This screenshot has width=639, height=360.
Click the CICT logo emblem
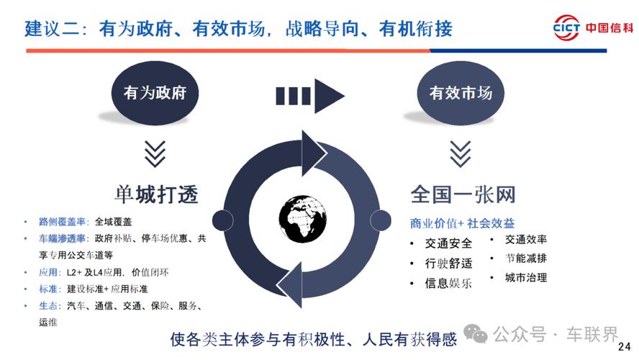coord(566,26)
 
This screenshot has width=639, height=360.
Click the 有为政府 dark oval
coord(155,93)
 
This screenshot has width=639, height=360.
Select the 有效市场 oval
coord(461,93)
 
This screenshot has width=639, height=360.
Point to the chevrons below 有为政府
coord(155,153)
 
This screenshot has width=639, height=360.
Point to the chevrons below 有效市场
coord(461,153)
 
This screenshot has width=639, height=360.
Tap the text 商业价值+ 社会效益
coord(462,224)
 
